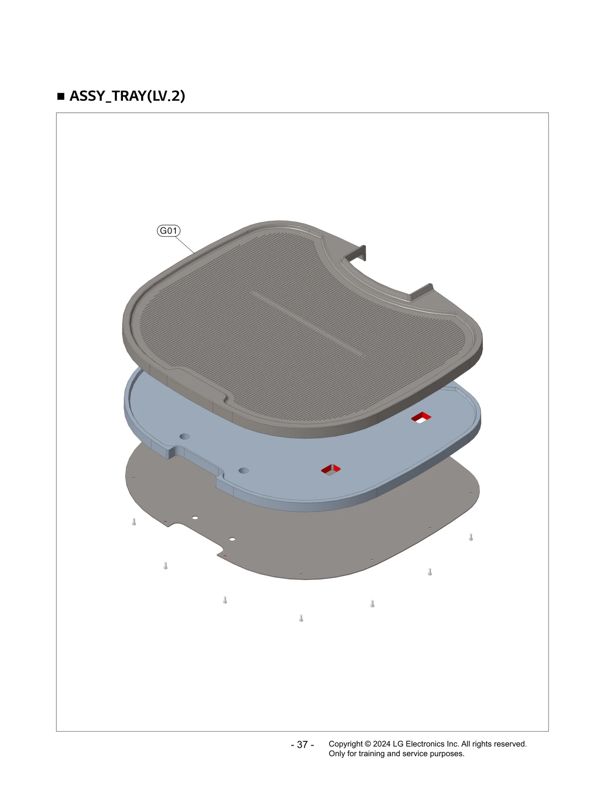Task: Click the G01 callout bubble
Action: pos(168,231)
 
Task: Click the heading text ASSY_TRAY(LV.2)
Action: pos(127,96)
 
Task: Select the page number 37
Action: pos(302,745)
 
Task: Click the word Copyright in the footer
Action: pos(346,744)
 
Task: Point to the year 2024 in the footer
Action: pos(382,744)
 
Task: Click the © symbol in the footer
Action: pos(368,744)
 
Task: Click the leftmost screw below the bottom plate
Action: pos(134,522)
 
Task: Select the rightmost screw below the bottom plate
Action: pos(471,537)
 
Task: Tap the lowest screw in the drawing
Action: pos(301,618)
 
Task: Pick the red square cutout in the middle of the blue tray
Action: pos(331,470)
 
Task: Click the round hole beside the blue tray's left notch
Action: pos(184,436)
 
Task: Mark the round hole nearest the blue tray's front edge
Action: pos(244,471)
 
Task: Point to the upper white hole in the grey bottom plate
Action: pos(195,518)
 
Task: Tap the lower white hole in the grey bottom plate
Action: pos(232,539)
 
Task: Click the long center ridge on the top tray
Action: pos(307,324)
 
